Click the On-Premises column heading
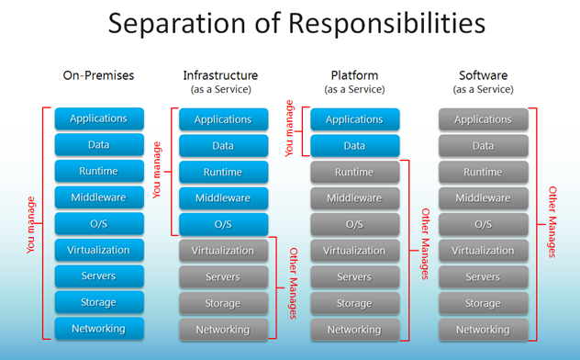coord(98,75)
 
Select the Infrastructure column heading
coord(220,74)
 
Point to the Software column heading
coord(483,74)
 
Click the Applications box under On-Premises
coord(98,118)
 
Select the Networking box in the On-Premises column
coord(98,328)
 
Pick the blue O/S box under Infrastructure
coord(223,224)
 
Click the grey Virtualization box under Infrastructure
coord(223,251)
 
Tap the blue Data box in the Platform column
coord(354,145)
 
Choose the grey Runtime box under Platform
coord(354,172)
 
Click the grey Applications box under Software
coord(483,119)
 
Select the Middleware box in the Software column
coord(483,197)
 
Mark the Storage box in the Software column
coord(483,303)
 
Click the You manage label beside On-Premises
coord(30,223)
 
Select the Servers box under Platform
coord(354,276)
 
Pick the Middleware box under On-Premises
coord(98,197)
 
